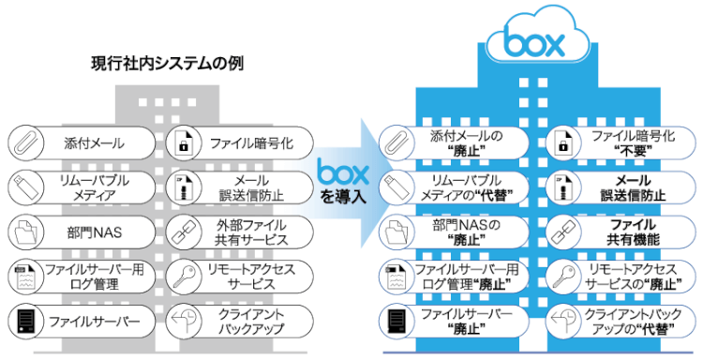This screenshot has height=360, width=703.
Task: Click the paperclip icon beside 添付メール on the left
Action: (x=22, y=142)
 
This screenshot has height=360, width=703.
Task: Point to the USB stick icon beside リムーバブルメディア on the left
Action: (x=22, y=186)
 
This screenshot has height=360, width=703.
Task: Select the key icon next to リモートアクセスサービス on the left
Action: (x=184, y=274)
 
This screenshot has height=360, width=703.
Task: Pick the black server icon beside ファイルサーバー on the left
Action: (x=22, y=319)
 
